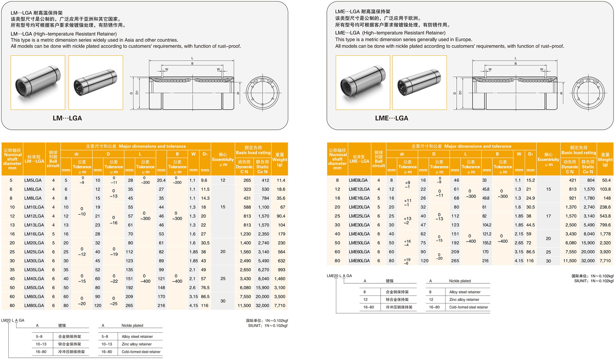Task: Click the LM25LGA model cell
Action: [x=34, y=252]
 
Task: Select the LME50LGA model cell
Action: [x=359, y=243]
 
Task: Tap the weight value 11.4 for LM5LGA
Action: [x=281, y=180]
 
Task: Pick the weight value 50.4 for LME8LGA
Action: [x=606, y=180]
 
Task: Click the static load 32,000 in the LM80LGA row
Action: [x=262, y=305]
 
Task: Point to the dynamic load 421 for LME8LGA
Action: [x=572, y=180]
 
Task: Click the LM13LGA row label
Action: [x=34, y=225]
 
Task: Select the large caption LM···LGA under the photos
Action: [x=67, y=118]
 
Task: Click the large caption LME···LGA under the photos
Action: [x=392, y=118]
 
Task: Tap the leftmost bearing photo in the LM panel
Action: [x=38, y=83]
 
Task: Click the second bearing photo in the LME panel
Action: [x=419, y=83]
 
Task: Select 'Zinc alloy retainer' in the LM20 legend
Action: [x=137, y=344]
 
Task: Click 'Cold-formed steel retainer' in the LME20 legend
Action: [x=468, y=307]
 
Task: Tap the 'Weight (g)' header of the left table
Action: [x=279, y=159]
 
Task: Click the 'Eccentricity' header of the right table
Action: [x=548, y=159]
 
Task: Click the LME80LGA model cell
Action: [x=359, y=261]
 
